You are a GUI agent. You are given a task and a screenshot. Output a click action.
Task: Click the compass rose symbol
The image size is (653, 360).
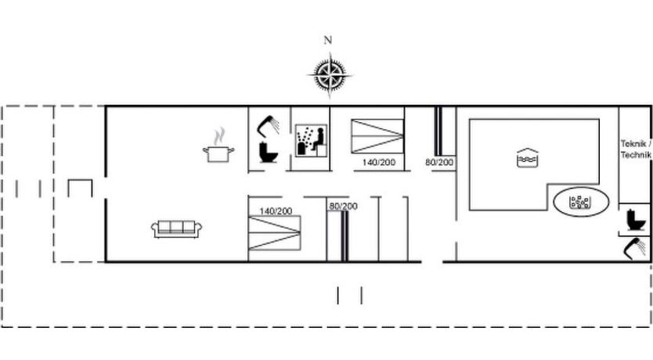(x=330, y=75)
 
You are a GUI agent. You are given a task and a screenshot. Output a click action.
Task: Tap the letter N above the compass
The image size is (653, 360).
(x=328, y=40)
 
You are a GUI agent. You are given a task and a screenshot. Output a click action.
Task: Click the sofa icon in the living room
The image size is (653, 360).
(x=177, y=229)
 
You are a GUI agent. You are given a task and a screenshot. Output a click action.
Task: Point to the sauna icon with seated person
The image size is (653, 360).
(x=311, y=141)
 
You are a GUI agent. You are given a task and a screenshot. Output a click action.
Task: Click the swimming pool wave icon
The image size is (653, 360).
(x=527, y=158)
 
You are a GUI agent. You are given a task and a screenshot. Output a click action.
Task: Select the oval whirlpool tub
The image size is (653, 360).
(x=581, y=202)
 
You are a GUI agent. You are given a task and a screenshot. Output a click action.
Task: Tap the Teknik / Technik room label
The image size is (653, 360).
(x=636, y=149)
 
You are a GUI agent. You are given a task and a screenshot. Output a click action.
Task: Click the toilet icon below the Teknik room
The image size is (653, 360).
(x=636, y=219)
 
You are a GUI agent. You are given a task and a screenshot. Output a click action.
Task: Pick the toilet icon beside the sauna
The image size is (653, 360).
(x=269, y=152)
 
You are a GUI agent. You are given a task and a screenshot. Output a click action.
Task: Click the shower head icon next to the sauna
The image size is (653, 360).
(x=269, y=125)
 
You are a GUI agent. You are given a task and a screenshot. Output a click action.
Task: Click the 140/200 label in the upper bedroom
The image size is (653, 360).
(x=378, y=162)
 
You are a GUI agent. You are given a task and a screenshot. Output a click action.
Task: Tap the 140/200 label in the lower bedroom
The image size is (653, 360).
(x=276, y=211)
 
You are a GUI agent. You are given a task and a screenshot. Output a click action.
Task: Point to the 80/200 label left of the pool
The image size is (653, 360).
(x=439, y=162)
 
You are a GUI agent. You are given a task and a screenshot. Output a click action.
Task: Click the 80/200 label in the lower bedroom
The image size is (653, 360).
(x=343, y=206)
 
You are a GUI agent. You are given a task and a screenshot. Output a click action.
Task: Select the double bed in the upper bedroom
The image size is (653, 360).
(x=377, y=136)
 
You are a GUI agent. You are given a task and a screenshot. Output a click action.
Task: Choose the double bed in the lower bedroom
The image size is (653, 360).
(x=275, y=233)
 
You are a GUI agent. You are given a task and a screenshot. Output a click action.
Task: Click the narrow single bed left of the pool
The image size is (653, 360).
(x=438, y=131)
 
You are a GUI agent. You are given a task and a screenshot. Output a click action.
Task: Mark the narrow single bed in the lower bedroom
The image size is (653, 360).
(x=344, y=236)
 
